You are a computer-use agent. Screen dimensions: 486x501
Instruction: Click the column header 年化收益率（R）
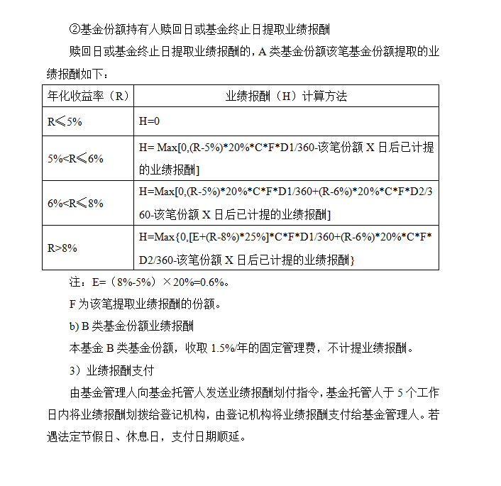coord(88,96)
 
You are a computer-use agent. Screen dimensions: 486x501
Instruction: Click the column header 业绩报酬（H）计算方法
coord(286,96)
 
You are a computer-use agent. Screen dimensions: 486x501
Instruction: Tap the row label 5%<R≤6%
coord(75,158)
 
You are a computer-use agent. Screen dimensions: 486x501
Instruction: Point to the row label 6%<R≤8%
coord(75,203)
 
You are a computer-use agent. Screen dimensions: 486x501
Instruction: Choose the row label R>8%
coord(62,248)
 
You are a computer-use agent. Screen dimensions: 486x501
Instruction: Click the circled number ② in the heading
coord(75,29)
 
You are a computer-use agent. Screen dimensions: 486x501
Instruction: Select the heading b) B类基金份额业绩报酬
coord(131,326)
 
